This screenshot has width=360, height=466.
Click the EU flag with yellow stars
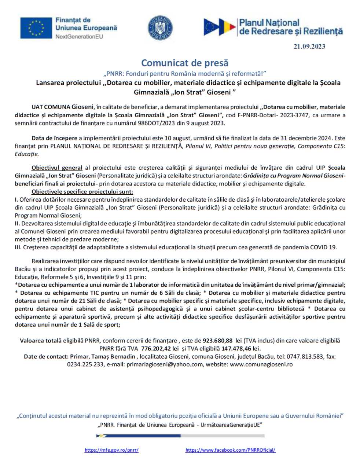[x=36, y=28]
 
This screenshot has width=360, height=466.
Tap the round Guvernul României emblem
[x=160, y=28]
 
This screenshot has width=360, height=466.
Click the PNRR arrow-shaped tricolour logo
[x=220, y=27]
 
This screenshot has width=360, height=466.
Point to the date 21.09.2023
[x=309, y=47]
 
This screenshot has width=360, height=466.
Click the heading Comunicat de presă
[x=185, y=63]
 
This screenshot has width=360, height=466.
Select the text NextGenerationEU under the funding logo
[x=79, y=37]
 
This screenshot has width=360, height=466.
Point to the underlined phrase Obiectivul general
[x=56, y=168]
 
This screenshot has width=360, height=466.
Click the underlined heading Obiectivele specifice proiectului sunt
[x=82, y=192]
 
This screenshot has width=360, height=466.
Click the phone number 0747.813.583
[x=305, y=356]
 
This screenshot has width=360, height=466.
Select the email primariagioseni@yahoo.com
[x=165, y=364]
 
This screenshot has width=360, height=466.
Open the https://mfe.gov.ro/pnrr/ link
[x=111, y=450]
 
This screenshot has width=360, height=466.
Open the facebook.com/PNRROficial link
[x=230, y=450]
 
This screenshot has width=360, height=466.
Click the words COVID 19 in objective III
[x=323, y=247]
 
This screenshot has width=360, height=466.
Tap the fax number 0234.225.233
[x=85, y=364]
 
